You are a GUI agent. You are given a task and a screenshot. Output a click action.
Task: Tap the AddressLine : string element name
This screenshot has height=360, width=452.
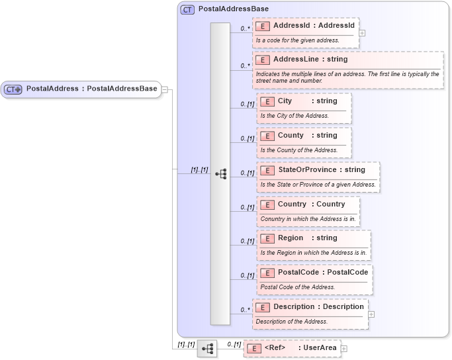tap(310, 60)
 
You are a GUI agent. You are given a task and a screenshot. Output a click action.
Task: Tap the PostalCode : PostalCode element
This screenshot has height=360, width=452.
tap(314, 272)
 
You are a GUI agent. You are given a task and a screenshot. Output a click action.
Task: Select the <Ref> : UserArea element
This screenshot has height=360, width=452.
tap(292, 347)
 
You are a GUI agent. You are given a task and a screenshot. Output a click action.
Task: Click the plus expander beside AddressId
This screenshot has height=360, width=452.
tap(362, 32)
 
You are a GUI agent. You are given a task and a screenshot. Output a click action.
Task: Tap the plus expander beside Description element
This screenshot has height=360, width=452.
tap(371, 314)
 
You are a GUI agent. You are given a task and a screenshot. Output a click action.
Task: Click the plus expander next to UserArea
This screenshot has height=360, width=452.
tap(344, 348)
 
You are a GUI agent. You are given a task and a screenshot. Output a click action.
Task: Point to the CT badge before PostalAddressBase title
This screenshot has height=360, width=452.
tap(188, 11)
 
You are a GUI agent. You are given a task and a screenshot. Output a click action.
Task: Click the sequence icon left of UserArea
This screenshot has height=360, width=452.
tap(207, 347)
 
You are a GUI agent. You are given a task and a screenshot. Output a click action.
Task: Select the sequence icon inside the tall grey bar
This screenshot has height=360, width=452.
tap(220, 173)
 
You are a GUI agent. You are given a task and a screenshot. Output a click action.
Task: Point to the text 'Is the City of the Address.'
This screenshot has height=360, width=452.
tap(294, 116)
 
